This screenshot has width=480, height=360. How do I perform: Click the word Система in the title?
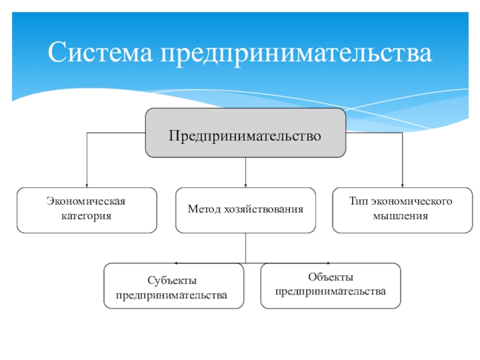[x=100, y=52]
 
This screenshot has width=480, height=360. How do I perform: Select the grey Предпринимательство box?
[x=245, y=133]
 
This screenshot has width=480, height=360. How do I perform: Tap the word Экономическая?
[x=86, y=201]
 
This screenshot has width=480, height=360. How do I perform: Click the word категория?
[x=86, y=216]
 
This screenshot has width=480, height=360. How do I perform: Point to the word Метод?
[x=204, y=209]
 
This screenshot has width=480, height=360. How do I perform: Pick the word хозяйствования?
[x=263, y=209]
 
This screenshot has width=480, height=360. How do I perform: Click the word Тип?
[x=358, y=201]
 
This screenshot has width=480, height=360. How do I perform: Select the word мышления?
[x=400, y=216]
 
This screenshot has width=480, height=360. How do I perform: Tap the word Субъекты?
[x=172, y=280]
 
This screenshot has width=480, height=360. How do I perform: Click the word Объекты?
[x=331, y=277]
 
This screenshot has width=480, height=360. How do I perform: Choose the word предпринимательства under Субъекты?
[x=172, y=295]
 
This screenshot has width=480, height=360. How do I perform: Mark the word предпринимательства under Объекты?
[x=331, y=292]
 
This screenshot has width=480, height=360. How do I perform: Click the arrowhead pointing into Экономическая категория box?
[x=87, y=185]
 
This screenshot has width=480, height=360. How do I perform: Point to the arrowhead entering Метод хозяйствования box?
[x=245, y=185]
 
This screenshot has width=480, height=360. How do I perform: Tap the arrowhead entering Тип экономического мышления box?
[x=402, y=185]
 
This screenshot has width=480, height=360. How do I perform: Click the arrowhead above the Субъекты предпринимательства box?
[x=176, y=263]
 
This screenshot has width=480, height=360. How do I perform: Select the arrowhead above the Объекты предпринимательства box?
[x=328, y=263]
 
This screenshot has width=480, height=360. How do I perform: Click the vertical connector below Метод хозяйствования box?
[x=245, y=248]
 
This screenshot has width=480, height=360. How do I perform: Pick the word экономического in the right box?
[x=412, y=201]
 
